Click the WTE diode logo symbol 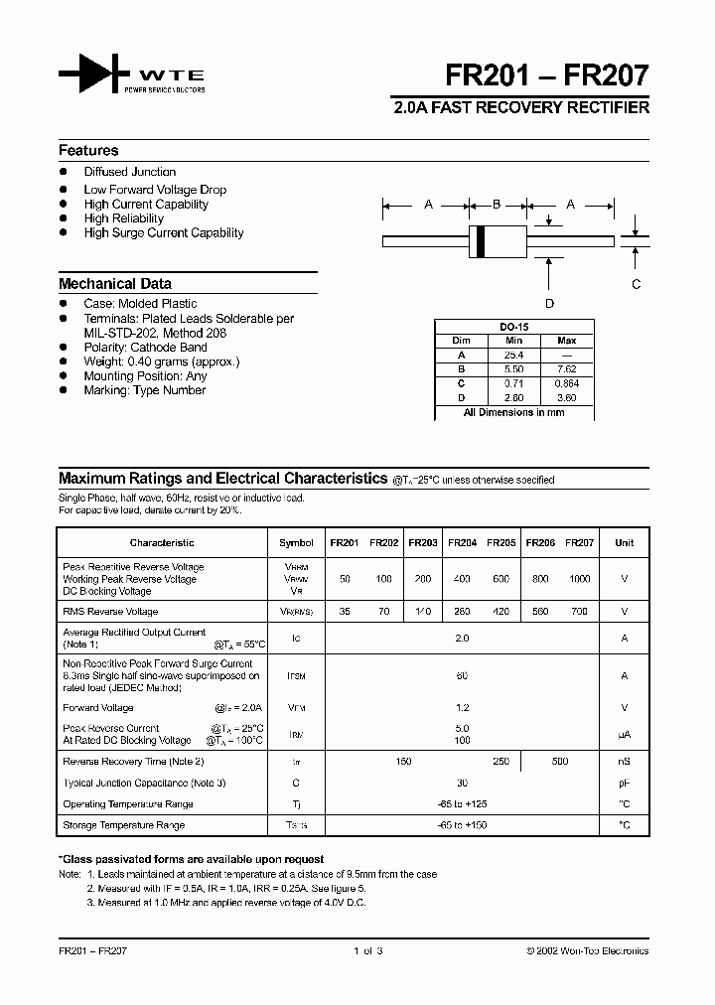click(x=94, y=76)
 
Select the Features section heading click(x=88, y=151)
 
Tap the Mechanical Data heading click(x=115, y=283)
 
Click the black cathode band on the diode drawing click(x=482, y=240)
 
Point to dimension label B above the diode click(x=497, y=205)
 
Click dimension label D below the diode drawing click(x=549, y=304)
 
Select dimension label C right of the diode click(x=637, y=284)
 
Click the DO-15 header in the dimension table click(x=512, y=326)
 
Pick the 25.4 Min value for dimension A click(x=513, y=355)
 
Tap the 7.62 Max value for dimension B click(x=567, y=368)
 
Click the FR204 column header click(x=462, y=543)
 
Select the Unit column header click(x=624, y=543)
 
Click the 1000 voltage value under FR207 click(x=579, y=579)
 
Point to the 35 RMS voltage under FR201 click(x=344, y=612)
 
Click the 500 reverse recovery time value click(x=560, y=762)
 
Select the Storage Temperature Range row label click(x=123, y=825)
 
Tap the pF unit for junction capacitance click(x=624, y=783)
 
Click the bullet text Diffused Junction click(x=129, y=172)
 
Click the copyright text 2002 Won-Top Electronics click(x=587, y=950)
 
